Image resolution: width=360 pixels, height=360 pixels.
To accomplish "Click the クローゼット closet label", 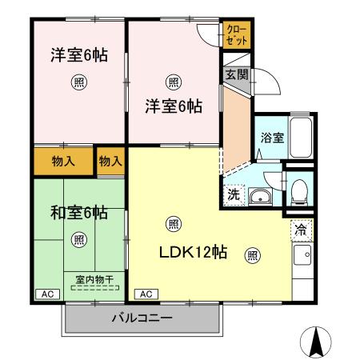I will pyautogui.click(x=237, y=34).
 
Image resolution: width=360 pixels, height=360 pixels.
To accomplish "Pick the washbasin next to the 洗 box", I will pyautogui.click(x=262, y=196).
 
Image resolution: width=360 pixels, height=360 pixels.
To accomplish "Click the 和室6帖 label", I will pyautogui.click(x=78, y=212).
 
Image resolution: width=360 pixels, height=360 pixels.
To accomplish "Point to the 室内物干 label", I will pyautogui.click(x=94, y=279).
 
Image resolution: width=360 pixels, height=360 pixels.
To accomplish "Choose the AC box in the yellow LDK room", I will pyautogui.click(x=146, y=294).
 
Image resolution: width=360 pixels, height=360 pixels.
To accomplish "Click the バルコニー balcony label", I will pyautogui.click(x=141, y=318).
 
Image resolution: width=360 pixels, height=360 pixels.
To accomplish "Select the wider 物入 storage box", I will pyautogui.click(x=63, y=161).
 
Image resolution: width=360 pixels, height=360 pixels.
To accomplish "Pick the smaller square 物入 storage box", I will pyautogui.click(x=110, y=161).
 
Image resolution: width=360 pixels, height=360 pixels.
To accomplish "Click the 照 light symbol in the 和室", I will pyautogui.click(x=78, y=238).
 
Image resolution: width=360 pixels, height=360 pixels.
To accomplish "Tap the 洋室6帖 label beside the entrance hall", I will pyautogui.click(x=173, y=106).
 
